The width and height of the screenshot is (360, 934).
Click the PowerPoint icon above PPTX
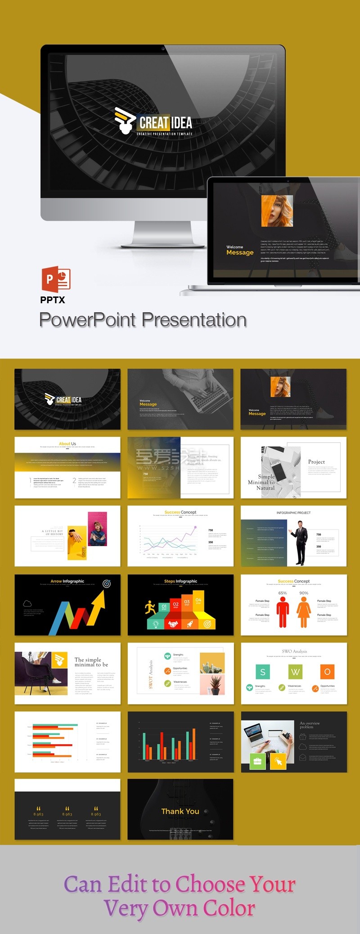pos(56,279)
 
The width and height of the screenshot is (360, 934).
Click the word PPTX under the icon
pos(53,300)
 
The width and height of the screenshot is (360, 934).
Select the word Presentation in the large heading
pos(194,320)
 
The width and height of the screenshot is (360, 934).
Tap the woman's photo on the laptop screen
pos(277,211)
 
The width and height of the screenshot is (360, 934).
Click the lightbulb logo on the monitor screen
pos(124,121)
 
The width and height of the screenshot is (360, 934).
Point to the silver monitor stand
pos(163,234)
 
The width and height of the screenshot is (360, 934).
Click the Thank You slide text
pos(180,811)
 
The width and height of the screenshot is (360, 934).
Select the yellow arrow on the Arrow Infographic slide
pos(98,607)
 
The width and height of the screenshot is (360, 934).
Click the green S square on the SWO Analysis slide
pos(263,672)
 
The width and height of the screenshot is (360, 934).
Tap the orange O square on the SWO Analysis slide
pos(327,672)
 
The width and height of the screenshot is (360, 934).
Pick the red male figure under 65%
pos(283,612)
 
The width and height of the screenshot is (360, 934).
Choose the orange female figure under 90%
pos(304,612)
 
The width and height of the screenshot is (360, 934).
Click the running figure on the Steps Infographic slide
pos(150,608)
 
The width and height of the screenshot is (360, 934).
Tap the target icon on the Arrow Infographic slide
pos(107,584)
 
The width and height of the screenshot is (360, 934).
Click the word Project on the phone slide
pos(316,462)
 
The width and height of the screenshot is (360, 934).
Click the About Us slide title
pos(67,444)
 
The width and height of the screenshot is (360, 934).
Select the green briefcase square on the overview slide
pos(258,761)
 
